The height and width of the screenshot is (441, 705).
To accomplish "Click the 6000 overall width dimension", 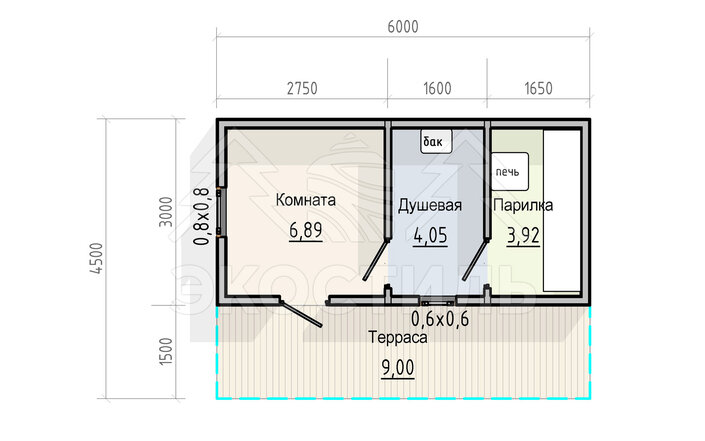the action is [403, 27].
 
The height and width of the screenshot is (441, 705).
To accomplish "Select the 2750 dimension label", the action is [302, 89].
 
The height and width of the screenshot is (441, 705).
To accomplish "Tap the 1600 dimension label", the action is [437, 89].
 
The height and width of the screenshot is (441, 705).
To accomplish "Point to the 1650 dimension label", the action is [538, 89].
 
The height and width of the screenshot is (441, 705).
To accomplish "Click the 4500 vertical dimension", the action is [97, 258].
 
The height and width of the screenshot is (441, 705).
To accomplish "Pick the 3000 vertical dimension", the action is [166, 212].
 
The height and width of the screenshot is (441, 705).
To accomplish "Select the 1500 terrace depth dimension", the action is [166, 351].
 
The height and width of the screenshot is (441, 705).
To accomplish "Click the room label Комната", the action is [306, 200].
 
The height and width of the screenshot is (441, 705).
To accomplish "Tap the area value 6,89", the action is [306, 231].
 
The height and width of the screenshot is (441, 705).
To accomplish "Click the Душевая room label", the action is [430, 205].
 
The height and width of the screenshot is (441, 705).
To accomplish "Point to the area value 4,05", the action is [430, 236].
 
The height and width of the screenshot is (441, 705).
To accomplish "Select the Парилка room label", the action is [523, 205].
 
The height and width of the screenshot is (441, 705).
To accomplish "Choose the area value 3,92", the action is [523, 236].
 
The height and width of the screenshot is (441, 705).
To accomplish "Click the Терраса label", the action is [397, 337].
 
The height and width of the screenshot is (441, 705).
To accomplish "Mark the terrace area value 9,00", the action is [398, 368].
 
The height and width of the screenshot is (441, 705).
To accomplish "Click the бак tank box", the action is [436, 142].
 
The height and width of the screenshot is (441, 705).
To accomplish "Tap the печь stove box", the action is [509, 171].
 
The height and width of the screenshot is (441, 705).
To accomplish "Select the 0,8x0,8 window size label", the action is [201, 216].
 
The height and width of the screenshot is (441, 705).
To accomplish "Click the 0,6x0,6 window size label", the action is [440, 319].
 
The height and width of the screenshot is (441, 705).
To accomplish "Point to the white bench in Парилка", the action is [562, 211].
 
